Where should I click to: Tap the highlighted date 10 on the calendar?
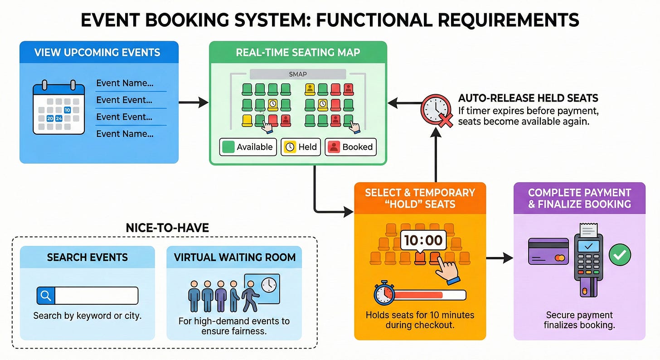[67, 110]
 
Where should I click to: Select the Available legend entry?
[248, 147]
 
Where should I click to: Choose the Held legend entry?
[301, 147]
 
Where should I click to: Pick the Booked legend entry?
[350, 147]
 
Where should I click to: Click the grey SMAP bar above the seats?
[298, 74]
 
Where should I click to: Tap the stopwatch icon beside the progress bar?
[383, 294]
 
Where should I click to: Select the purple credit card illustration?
[548, 251]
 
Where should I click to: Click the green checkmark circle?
[619, 255]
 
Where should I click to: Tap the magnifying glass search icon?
[46, 296]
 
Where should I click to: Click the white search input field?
[96, 296]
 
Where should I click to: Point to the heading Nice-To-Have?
[168, 228]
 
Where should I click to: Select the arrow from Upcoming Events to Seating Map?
[194, 103]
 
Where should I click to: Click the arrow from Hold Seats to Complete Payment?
[500, 258]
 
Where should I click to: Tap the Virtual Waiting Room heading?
[234, 258]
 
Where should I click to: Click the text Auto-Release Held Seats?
[528, 98]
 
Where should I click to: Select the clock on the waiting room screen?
[268, 284]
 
